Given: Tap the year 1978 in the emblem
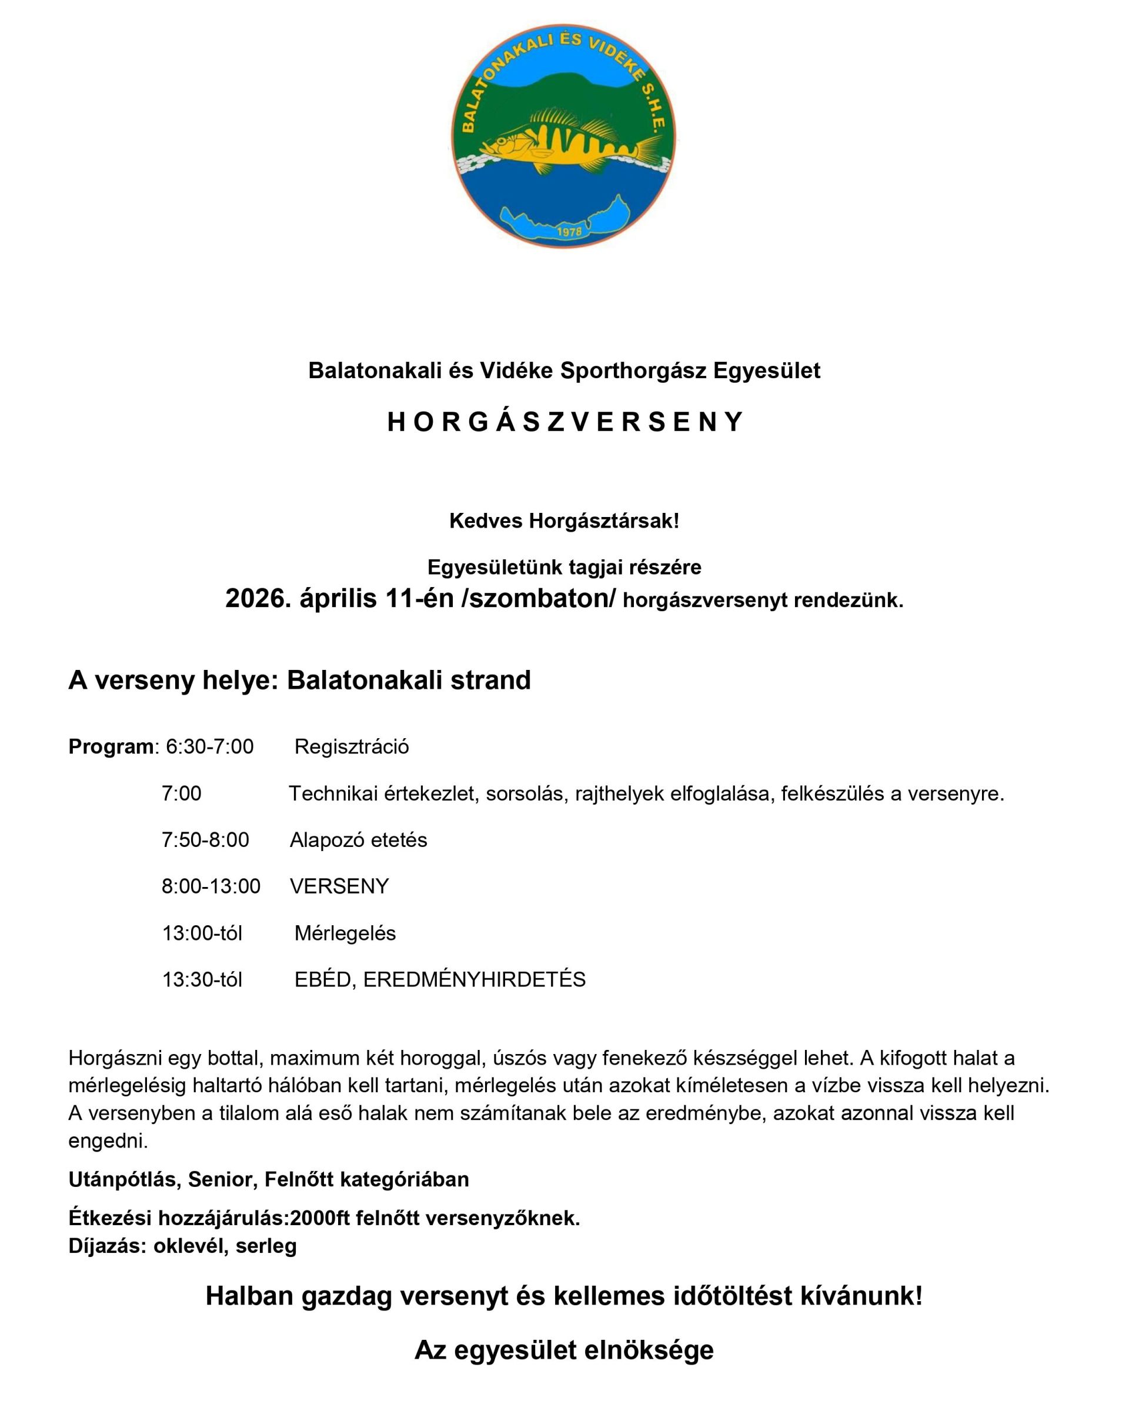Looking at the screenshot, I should click(x=570, y=232).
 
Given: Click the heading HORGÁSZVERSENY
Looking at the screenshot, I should click(x=564, y=423).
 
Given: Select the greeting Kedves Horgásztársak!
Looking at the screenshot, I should click(x=564, y=521).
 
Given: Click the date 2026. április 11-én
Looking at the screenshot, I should click(x=339, y=598).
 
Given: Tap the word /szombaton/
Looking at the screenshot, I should click(x=538, y=598).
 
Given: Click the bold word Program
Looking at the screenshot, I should click(x=111, y=746).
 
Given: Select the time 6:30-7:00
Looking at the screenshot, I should click(x=210, y=746).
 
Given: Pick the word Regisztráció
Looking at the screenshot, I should click(x=352, y=746).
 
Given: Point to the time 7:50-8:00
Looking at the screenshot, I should click(x=205, y=840).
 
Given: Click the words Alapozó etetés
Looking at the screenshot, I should click(x=358, y=840).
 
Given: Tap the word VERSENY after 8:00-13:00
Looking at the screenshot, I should click(x=339, y=886).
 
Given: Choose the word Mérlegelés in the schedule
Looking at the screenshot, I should click(x=345, y=933).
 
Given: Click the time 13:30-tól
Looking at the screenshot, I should click(x=202, y=979).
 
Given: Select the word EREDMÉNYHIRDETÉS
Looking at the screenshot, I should click(x=474, y=979).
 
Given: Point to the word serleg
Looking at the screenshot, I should click(x=266, y=1246).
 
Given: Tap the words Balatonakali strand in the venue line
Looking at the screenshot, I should click(x=409, y=680).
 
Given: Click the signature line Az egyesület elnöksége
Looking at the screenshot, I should click(x=564, y=1350).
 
